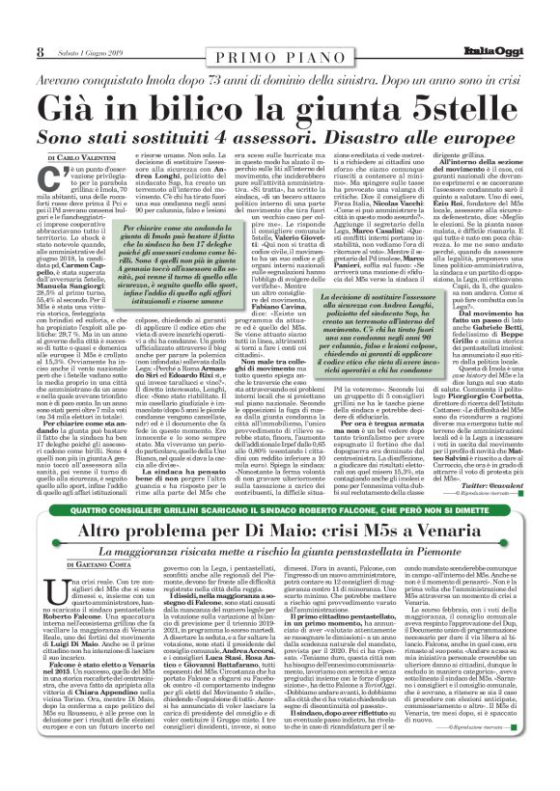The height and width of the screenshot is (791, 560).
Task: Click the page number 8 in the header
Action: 40,50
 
